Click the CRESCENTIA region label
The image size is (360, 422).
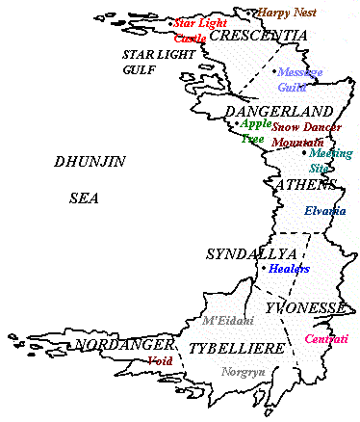(258, 36)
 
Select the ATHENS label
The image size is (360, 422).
(305, 184)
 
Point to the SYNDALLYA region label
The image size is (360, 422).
(238, 253)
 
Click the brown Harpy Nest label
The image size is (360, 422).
(288, 13)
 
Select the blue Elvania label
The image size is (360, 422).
(324, 211)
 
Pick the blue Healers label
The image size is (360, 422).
(289, 269)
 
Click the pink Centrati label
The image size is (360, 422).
(325, 338)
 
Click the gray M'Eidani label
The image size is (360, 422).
(228, 320)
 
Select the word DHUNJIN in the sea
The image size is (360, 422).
(90, 162)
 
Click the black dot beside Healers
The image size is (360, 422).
(264, 268)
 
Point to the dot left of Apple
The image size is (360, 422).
(236, 122)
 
